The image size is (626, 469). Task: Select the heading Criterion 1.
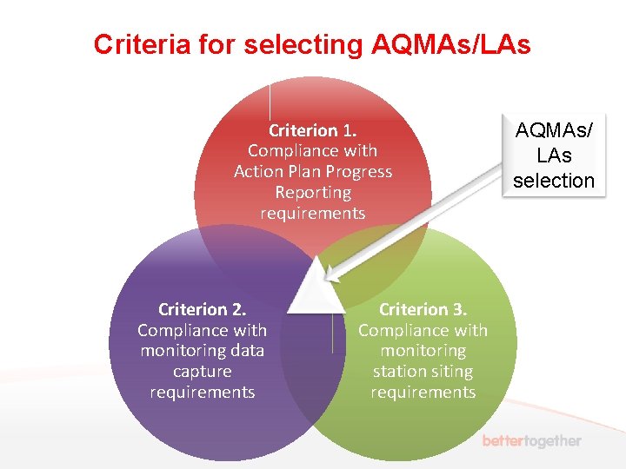pos(312,130)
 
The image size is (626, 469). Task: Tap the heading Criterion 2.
pos(202,309)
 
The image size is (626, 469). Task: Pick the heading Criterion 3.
pos(423,309)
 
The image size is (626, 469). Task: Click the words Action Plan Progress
pos(312,172)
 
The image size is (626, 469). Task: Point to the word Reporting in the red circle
pos(312,193)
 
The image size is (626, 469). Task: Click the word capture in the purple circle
pos(202,372)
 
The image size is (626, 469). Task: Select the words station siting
pos(423,372)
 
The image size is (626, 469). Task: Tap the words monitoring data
pos(202,351)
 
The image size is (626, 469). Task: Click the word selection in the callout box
pos(554,181)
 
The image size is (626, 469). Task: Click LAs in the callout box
pos(554,156)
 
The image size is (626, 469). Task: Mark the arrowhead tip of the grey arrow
pos(325,280)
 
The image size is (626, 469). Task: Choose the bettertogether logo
pos(531,441)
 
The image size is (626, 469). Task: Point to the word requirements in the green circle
pos(423,393)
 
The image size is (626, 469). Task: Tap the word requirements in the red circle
pos(312,214)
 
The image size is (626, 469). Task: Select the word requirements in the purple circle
pos(202,393)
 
